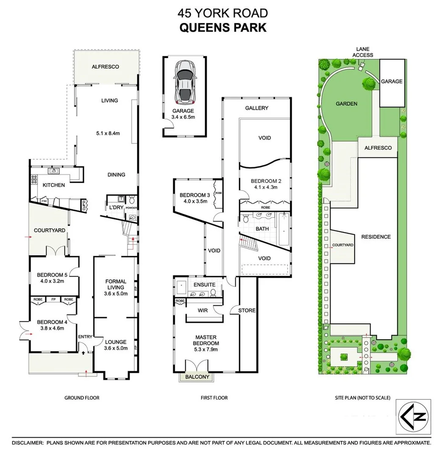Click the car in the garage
[x=185, y=82]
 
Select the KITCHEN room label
[x=53, y=185]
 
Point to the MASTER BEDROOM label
[x=206, y=340]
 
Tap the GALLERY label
[x=256, y=108]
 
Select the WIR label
[x=203, y=310]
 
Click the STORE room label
[x=247, y=310]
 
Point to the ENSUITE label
[x=205, y=285]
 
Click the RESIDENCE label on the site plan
[x=376, y=237]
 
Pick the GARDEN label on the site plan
[x=346, y=103]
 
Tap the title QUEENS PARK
[x=223, y=28]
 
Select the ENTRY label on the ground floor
[x=85, y=337]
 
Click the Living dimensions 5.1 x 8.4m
[x=108, y=133]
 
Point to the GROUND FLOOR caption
[x=82, y=398]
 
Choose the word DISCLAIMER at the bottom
[x=28, y=443]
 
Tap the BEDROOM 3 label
[x=193, y=195]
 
